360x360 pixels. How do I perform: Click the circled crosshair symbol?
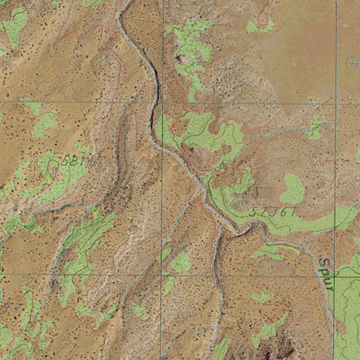tap(352, 63)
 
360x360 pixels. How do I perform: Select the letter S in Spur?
tap(323, 262)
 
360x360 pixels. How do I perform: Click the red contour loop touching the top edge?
tap(265, 11)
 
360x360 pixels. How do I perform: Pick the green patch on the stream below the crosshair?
tap(314, 130)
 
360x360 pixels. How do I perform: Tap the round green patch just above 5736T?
tap(292, 189)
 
